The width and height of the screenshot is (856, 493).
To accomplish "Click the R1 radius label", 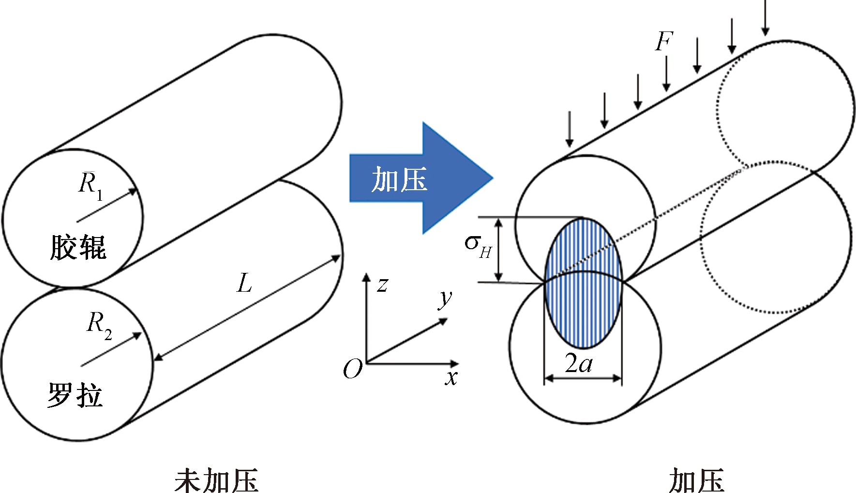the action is click(x=91, y=185).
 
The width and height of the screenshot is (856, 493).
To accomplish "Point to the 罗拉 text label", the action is click(x=75, y=394).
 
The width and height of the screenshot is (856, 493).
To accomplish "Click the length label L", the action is click(x=245, y=283).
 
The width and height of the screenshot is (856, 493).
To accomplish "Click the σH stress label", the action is click(x=478, y=246).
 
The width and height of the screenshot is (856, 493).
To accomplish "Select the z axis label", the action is click(x=382, y=285).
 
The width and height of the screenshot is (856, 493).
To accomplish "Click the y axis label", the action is click(x=445, y=299).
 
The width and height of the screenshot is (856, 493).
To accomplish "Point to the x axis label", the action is click(x=451, y=377).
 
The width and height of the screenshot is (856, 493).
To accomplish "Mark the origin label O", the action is click(x=352, y=370).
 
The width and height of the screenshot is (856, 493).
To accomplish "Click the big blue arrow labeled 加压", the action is click(x=421, y=178).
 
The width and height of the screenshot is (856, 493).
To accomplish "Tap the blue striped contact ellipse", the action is click(x=583, y=283).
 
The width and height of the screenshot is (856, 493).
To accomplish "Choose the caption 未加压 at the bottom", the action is click(x=216, y=480).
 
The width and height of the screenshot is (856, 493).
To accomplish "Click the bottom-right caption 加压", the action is click(x=696, y=480).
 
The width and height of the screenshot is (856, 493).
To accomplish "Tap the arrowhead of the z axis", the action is click(x=367, y=277).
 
